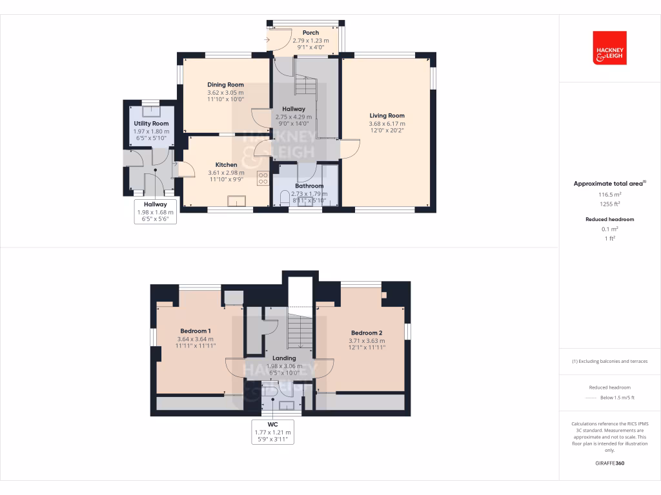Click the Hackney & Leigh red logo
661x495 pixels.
click(x=609, y=48)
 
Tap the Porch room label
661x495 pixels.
click(x=310, y=33)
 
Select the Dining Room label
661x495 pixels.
click(x=225, y=84)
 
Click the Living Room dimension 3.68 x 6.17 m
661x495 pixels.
click(x=387, y=124)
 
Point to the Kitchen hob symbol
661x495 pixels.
click(x=263, y=179)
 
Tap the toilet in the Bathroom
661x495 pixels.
click(x=285, y=198)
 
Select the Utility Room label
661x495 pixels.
click(x=151, y=123)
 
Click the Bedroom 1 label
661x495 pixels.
click(x=195, y=331)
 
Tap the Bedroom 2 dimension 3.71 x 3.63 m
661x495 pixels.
click(x=367, y=341)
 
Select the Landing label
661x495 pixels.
click(x=284, y=358)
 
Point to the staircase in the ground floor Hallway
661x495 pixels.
click(x=306, y=88)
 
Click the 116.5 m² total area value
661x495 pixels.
click(x=609, y=193)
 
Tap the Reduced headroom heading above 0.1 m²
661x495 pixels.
click(x=609, y=219)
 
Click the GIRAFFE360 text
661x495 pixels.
click(x=609, y=463)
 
